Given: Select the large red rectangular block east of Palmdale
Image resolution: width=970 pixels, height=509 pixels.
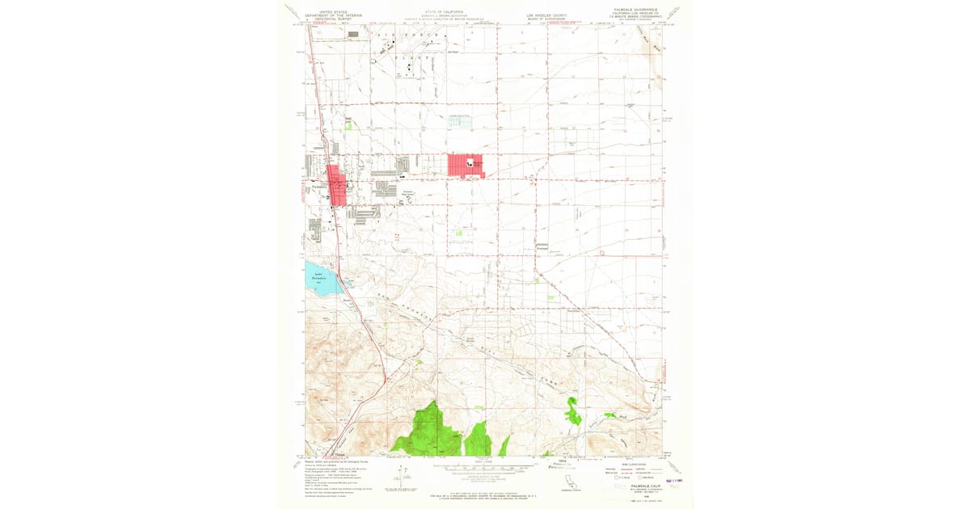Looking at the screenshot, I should coord(466,164).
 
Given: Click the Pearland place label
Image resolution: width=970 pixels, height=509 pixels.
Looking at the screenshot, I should coord(543,249).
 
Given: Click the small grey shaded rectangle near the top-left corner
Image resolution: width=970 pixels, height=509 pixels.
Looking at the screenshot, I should coord(353,35).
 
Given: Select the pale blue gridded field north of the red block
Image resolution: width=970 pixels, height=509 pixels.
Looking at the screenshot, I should coord(460,120).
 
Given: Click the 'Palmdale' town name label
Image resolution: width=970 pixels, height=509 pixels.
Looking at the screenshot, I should coord(318,187).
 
